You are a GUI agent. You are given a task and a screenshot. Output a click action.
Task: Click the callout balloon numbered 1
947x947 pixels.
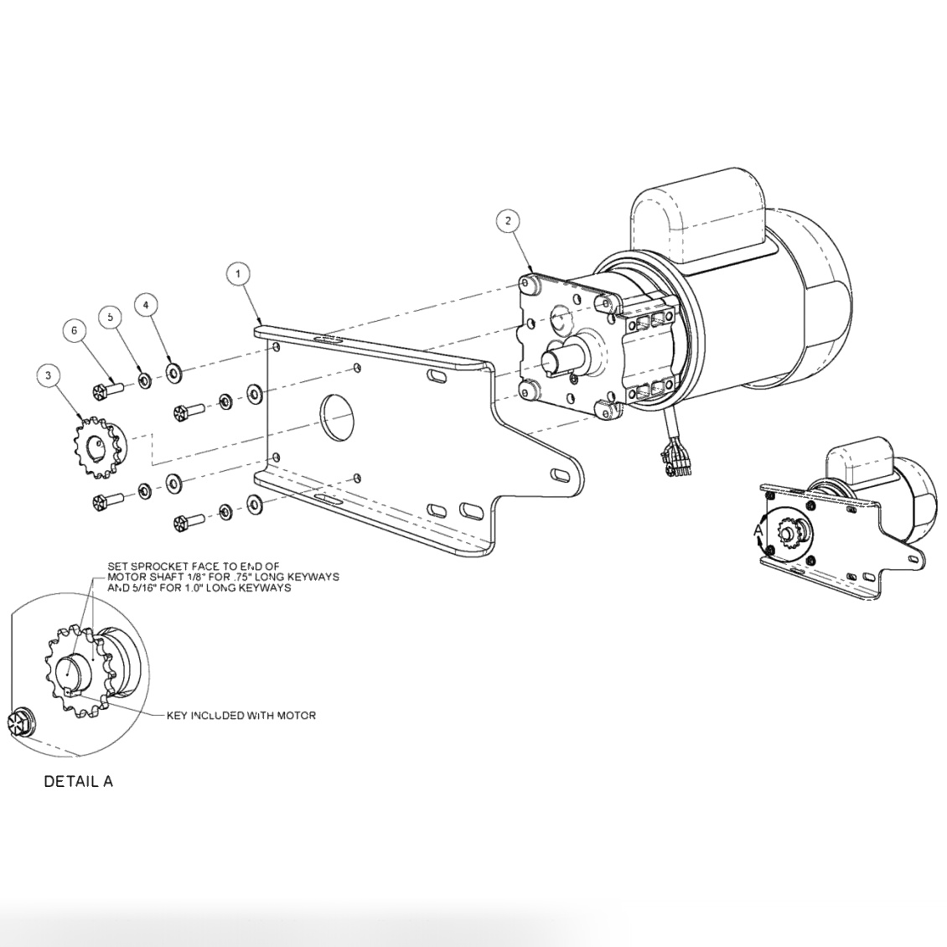coord(238,274)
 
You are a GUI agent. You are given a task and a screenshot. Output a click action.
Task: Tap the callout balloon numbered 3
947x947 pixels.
coord(49,376)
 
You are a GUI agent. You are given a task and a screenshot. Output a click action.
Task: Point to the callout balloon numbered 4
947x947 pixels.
coord(146,305)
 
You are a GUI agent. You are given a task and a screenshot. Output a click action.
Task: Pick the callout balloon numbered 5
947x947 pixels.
coord(110,317)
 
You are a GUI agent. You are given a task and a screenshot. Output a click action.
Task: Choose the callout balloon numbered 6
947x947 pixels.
coord(74,331)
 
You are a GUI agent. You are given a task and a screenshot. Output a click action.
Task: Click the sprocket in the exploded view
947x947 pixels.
coord(99,446)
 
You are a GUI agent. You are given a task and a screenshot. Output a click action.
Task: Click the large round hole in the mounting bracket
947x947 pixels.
coord(340,415)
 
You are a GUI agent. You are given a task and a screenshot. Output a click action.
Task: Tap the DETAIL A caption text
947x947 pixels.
coord(78,781)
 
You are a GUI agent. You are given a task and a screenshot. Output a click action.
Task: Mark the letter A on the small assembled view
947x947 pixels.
coord(758,530)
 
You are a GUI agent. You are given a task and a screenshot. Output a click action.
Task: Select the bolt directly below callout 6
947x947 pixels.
coord(107,389)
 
